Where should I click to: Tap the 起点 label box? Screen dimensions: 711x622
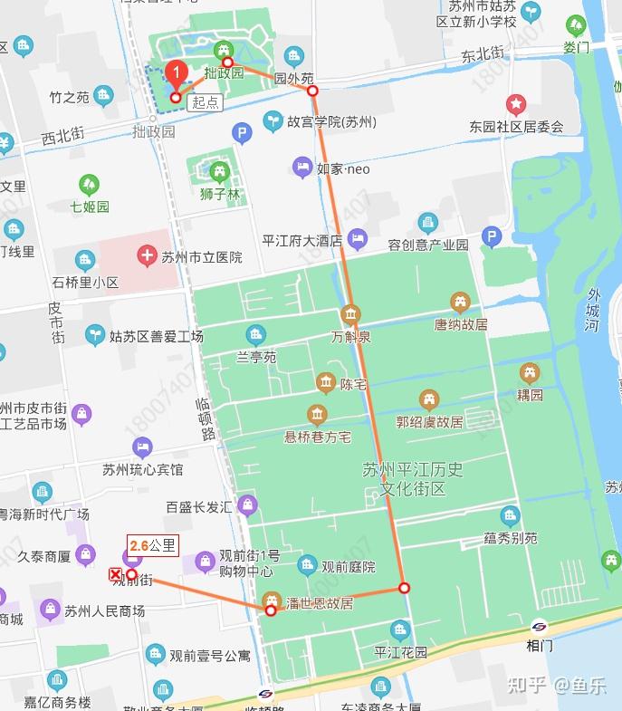click(206, 102)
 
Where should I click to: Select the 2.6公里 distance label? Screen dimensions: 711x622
click(153, 545)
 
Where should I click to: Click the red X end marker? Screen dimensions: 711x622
click(115, 574)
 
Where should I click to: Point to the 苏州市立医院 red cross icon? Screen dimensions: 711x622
click(147, 256)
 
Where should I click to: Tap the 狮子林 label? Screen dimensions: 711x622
click(220, 195)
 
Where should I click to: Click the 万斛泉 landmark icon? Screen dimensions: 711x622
click(350, 316)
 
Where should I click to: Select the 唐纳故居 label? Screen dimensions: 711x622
click(460, 323)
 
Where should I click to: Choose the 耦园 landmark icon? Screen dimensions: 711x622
click(530, 372)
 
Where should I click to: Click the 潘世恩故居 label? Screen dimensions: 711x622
click(319, 603)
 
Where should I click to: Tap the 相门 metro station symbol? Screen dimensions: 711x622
click(540, 627)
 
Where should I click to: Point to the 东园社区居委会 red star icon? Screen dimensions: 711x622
click(516, 105)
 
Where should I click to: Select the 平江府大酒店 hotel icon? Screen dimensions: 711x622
click(358, 240)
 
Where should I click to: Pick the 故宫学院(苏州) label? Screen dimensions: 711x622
click(331, 121)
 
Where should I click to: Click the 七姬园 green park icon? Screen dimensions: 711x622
click(89, 186)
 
